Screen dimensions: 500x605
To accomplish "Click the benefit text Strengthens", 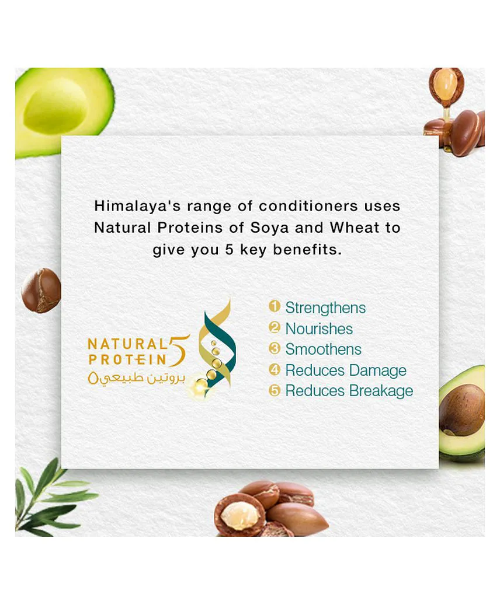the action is point(325,308).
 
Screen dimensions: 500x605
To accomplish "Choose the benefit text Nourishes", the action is point(319,328).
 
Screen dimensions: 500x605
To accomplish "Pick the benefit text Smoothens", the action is point(323,349).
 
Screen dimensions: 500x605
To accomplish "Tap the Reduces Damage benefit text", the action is point(346,370).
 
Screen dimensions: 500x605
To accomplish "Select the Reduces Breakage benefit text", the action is point(349,391).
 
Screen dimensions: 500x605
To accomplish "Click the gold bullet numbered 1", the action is point(274,306).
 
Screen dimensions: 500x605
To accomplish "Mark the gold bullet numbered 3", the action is point(274,348).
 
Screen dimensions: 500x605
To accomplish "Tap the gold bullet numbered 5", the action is point(274,390).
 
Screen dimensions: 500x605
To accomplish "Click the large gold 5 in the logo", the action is point(179,351).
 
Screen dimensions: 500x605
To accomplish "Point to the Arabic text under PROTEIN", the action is point(137,377).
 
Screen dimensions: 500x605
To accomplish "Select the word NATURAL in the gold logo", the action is point(127,344).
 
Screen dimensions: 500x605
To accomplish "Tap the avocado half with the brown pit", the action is point(461,413).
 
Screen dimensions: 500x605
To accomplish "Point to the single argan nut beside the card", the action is point(41,290).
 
